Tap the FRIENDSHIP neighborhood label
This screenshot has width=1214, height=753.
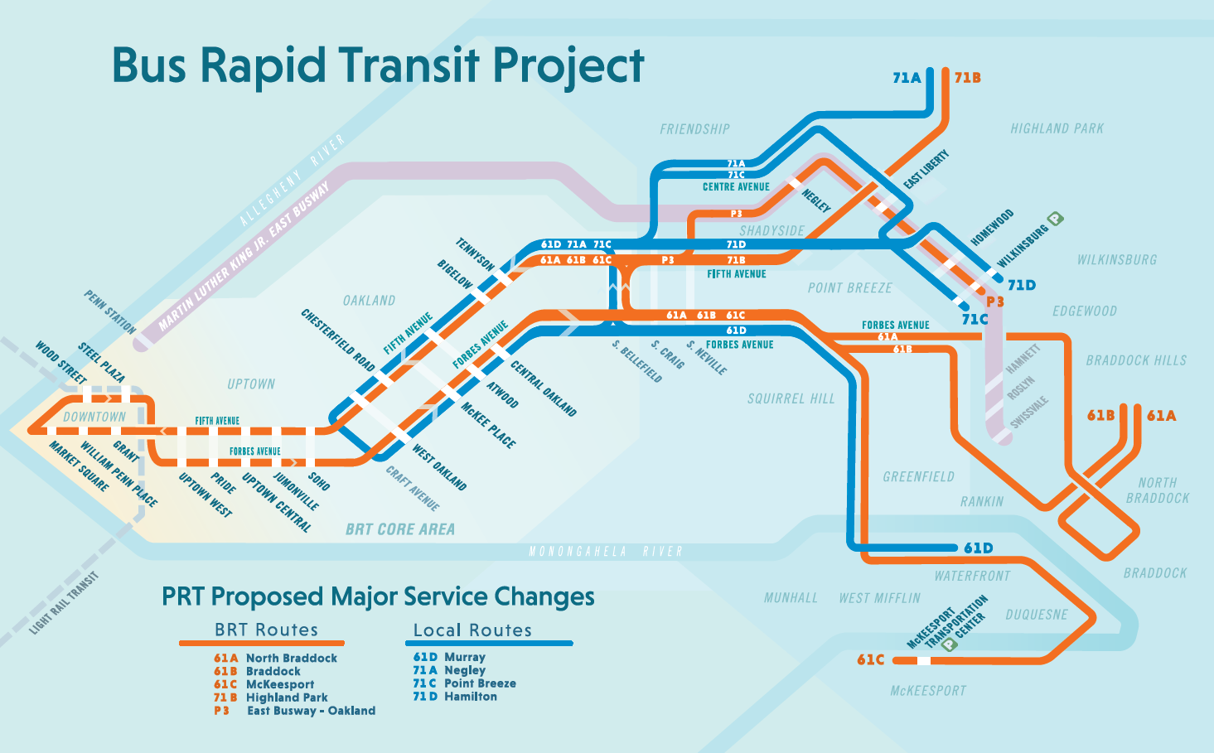pyautogui.click(x=694, y=129)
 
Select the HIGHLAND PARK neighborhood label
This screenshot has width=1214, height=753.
pyautogui.click(x=1057, y=128)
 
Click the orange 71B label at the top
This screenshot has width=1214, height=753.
pyautogui.click(x=967, y=78)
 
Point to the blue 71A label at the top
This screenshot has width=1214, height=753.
pyautogui.click(x=907, y=78)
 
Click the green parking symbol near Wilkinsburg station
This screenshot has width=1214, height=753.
pyautogui.click(x=1055, y=219)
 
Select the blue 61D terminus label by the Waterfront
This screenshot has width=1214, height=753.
pyautogui.click(x=978, y=548)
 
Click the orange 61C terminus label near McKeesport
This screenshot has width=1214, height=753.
pyautogui.click(x=870, y=660)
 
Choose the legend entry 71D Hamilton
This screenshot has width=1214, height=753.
pyautogui.click(x=455, y=697)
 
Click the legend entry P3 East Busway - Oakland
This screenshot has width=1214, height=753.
pyautogui.click(x=294, y=711)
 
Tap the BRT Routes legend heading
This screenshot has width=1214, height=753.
pyautogui.click(x=266, y=630)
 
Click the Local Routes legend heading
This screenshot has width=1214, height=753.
pyautogui.click(x=472, y=630)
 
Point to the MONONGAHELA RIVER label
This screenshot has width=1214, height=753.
pyautogui.click(x=606, y=552)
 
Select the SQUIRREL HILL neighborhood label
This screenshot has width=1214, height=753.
pyautogui.click(x=791, y=399)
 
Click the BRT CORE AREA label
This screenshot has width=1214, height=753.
pyautogui.click(x=400, y=529)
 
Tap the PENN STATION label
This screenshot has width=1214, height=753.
pyautogui.click(x=109, y=311)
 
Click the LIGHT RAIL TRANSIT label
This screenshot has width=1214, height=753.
pyautogui.click(x=64, y=603)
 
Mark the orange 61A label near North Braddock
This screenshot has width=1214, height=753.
pyautogui.click(x=1161, y=416)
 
